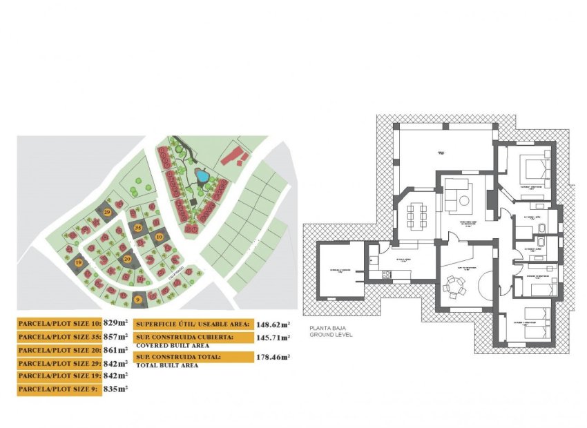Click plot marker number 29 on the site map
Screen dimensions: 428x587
click(x=107, y=211)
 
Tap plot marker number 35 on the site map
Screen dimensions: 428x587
click(x=138, y=227)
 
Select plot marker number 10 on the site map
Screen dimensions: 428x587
click(x=159, y=237)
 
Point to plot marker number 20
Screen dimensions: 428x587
click(x=128, y=259)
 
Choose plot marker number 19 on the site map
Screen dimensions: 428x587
click(x=79, y=263)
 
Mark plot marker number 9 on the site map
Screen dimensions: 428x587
click(x=138, y=299)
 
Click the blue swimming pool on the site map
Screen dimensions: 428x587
click(x=202, y=177)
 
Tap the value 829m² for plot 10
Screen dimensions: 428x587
click(x=116, y=322)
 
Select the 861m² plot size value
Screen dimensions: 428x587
click(x=116, y=350)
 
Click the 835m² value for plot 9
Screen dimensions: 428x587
click(x=116, y=389)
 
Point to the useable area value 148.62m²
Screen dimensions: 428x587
click(x=273, y=323)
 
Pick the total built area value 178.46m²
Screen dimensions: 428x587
click(x=273, y=357)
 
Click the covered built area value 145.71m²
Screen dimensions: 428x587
click(x=273, y=338)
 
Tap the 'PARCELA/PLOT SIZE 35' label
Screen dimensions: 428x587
click(x=59, y=337)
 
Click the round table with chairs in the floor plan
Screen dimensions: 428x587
click(x=455, y=284)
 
